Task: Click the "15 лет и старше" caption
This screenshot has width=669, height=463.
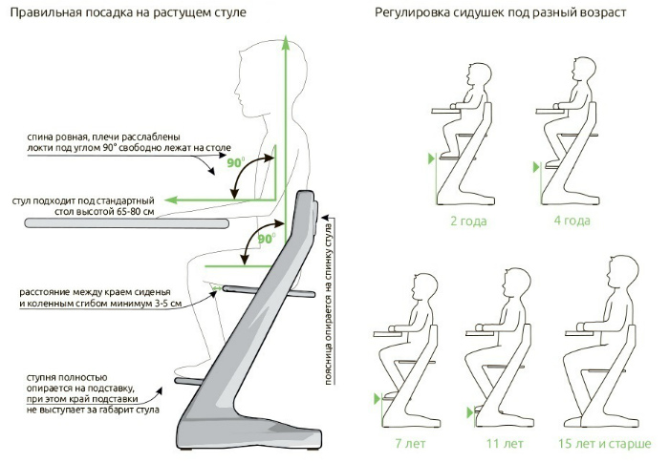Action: [x=601, y=444]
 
